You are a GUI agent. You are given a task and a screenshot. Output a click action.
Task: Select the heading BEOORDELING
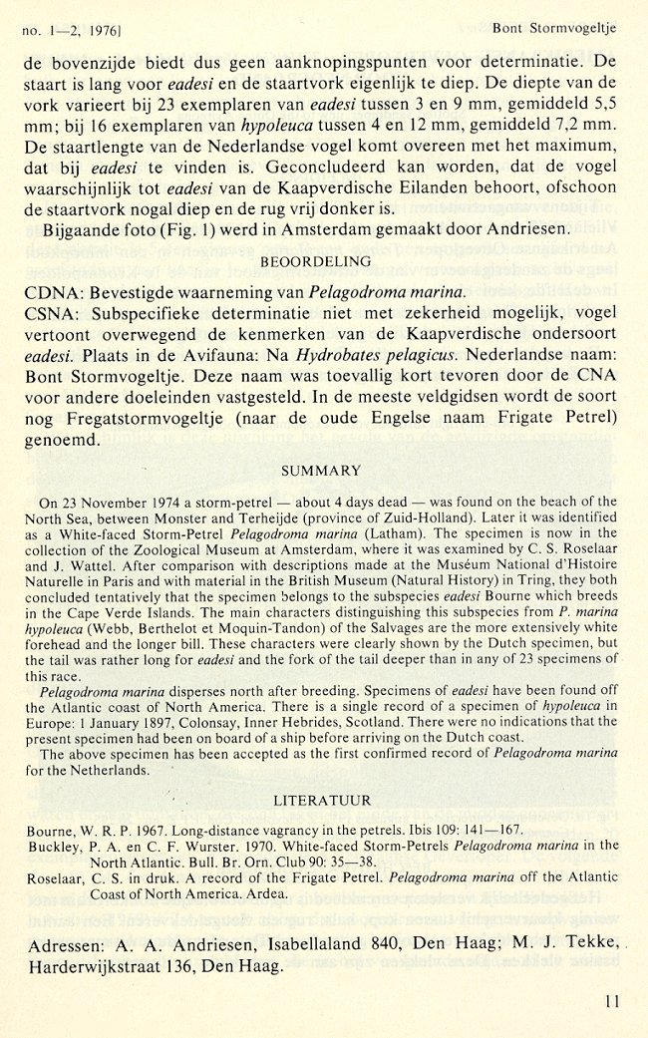click(x=316, y=261)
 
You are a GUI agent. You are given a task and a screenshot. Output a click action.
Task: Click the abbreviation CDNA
click(x=49, y=292)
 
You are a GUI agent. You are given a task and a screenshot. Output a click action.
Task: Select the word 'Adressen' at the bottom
click(x=62, y=940)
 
